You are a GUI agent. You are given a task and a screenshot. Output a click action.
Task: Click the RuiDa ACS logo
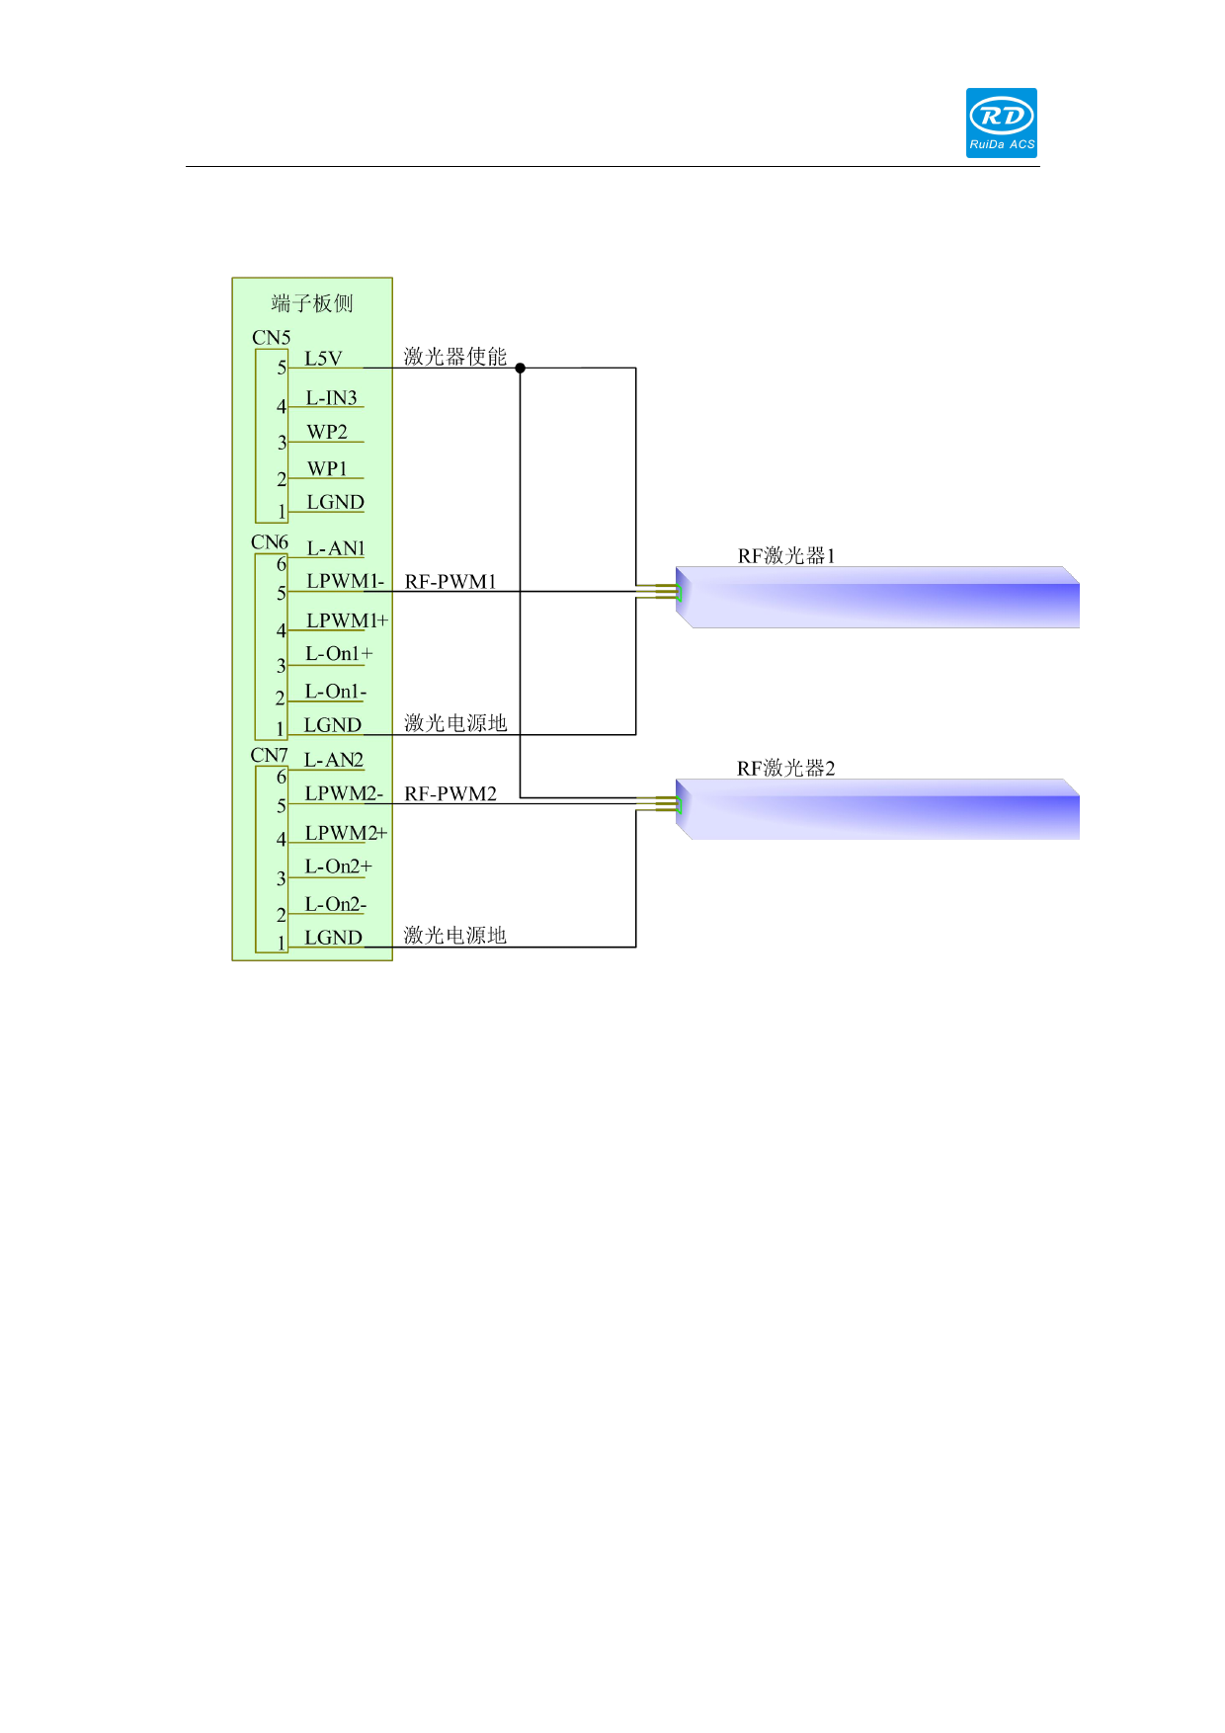coord(1001,123)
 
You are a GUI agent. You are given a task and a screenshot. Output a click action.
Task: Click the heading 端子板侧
coord(312,303)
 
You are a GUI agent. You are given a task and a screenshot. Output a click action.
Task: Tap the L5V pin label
coord(323,359)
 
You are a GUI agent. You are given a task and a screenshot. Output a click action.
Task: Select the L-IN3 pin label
coord(331,398)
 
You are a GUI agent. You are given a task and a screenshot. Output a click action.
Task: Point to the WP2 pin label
coord(327,432)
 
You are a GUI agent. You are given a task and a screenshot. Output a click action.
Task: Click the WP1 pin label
coord(327,468)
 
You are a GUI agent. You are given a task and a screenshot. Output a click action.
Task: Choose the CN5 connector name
coord(271,338)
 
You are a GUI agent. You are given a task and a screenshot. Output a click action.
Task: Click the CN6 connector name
coord(270,542)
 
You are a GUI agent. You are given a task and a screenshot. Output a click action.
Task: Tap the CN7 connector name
coord(269,755)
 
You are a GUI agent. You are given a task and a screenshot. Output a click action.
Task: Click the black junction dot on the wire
coord(521,368)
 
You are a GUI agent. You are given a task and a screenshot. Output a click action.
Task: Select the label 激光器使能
coord(454,357)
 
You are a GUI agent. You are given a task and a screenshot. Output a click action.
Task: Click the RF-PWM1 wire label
coord(450,582)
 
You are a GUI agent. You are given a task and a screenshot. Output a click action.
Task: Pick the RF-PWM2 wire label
coord(450,794)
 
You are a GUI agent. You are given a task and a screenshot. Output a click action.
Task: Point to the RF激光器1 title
coord(786,556)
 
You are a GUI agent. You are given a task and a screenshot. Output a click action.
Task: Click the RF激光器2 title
coord(786,769)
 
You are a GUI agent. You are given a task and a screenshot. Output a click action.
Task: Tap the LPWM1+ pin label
coord(347,620)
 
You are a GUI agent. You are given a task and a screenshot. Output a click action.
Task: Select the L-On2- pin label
coord(335,904)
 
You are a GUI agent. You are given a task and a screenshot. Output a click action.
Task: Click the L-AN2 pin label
coord(333,760)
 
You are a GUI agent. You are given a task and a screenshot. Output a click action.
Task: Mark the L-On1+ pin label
coord(339,654)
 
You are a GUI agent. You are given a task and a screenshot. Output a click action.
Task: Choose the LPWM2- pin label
coord(344,793)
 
